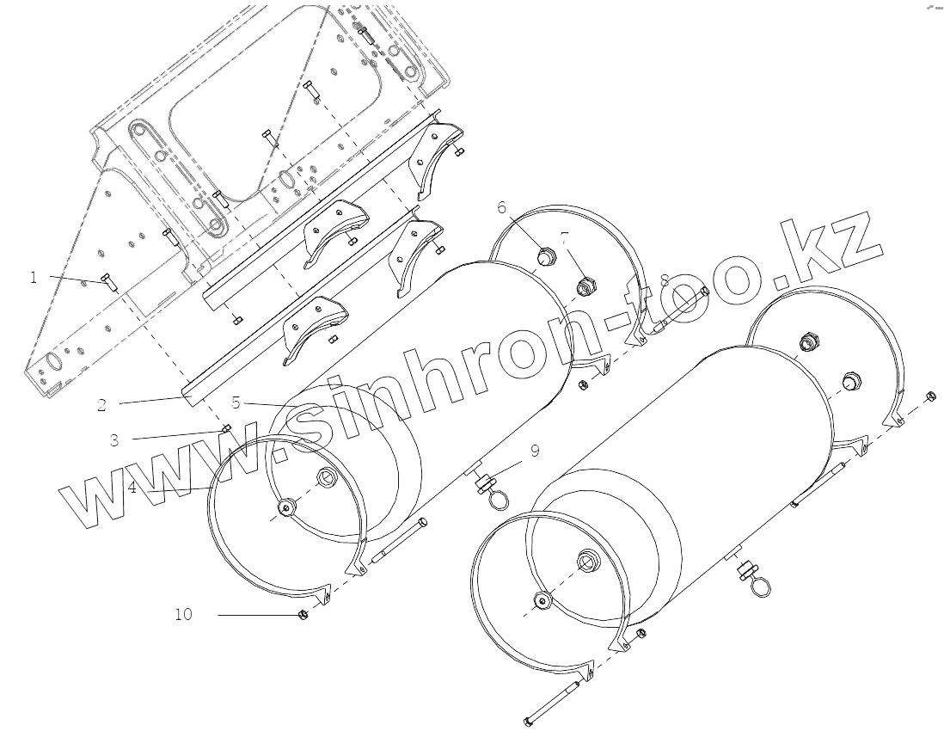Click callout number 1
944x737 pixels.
(34, 278)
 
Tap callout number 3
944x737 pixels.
(113, 439)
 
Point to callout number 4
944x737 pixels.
(132, 487)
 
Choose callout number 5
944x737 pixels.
(236, 402)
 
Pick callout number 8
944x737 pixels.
(665, 280)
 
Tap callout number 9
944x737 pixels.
(535, 450)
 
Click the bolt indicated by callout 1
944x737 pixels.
(108, 280)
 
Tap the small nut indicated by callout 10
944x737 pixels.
(303, 614)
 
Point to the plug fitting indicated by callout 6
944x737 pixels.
(544, 255)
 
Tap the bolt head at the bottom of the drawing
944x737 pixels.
(528, 718)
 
